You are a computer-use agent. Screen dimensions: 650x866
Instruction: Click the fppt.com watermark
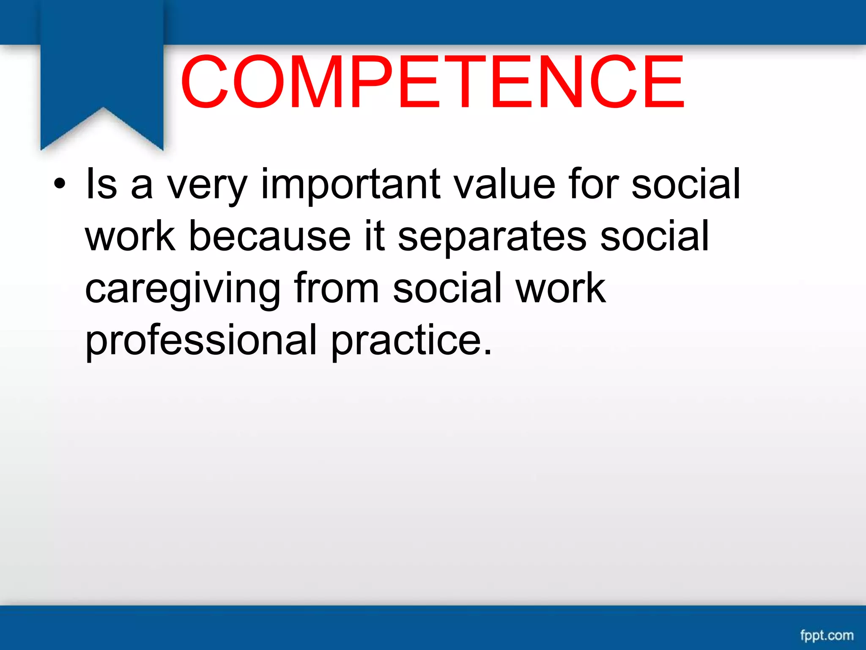click(x=827, y=635)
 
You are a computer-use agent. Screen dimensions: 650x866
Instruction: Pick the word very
click(x=207, y=186)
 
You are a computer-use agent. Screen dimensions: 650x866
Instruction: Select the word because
click(x=269, y=236)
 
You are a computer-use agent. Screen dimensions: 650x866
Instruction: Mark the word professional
click(x=201, y=341)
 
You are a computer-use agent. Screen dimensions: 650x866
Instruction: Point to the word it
click(x=374, y=236)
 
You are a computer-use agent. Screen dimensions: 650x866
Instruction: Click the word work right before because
click(x=130, y=236)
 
